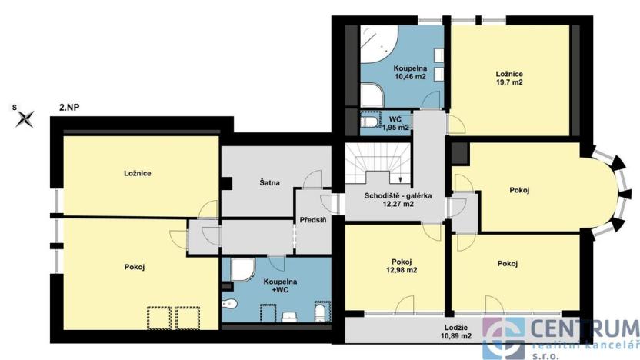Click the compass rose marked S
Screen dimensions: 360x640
click(27, 118)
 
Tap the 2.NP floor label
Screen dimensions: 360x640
click(68, 108)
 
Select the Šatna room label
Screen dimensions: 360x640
click(269, 183)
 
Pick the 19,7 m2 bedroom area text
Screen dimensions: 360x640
click(509, 82)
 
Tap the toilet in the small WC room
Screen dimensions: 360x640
click(369, 123)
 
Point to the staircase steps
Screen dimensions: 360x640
click(372, 163)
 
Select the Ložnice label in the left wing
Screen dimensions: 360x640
click(137, 173)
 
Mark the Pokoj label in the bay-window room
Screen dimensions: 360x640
click(519, 189)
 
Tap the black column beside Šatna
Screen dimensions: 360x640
click(227, 183)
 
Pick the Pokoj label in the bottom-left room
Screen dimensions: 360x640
click(135, 267)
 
